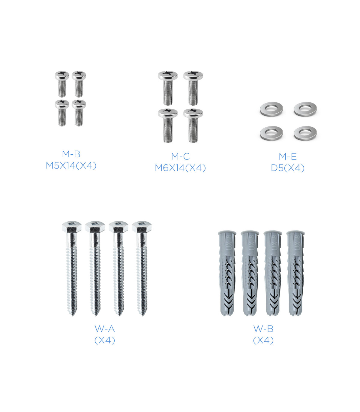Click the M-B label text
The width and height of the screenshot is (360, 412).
(x=71, y=154)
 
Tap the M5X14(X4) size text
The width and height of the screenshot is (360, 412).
(x=71, y=166)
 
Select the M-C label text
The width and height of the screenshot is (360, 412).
(x=180, y=156)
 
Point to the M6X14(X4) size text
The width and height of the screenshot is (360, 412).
(x=180, y=168)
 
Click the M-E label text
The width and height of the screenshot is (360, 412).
(x=288, y=156)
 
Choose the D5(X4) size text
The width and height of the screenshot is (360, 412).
(x=288, y=168)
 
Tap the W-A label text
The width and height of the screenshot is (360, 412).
(x=105, y=329)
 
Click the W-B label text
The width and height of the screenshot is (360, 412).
(x=263, y=329)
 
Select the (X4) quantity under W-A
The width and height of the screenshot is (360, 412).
(x=105, y=341)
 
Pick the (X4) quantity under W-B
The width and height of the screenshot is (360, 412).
(x=263, y=341)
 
